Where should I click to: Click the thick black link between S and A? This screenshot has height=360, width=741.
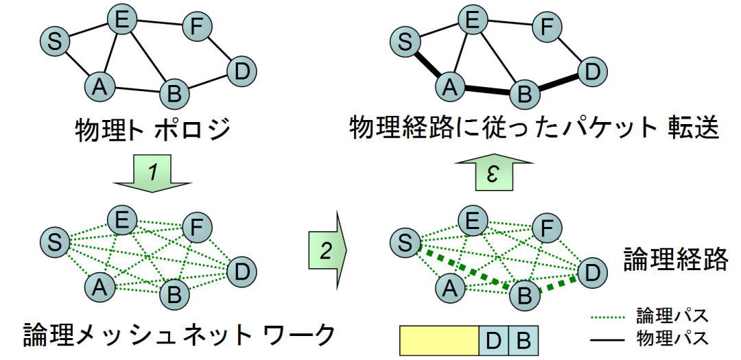coord(425,64)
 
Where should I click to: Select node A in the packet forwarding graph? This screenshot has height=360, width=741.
coord(449,86)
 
